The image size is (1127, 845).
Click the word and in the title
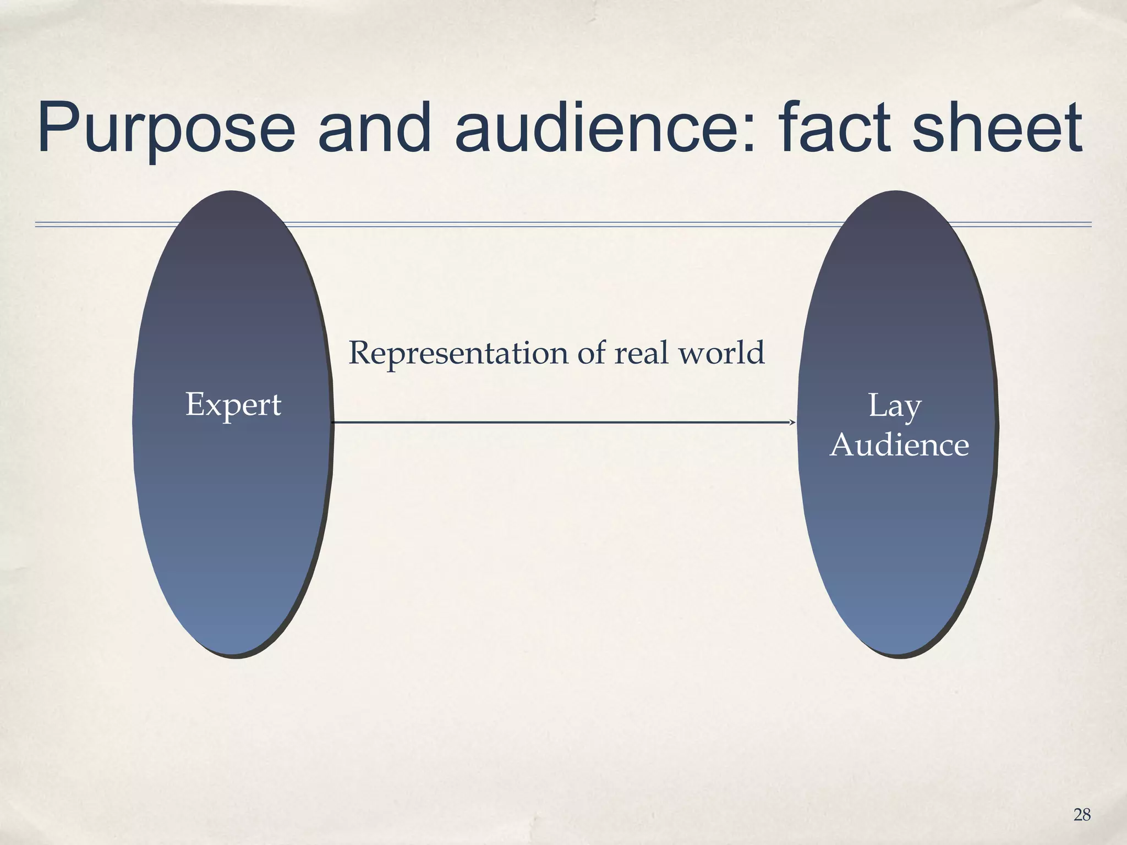374,128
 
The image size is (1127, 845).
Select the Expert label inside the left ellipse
233,405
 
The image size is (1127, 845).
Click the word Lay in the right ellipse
894,407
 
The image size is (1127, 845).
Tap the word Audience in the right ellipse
899,445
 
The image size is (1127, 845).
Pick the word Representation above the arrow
458,353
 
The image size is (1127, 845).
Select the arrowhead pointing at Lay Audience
794,422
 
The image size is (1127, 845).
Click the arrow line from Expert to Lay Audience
561,422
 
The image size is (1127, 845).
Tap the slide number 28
1082,815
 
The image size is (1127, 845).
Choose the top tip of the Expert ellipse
231,192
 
